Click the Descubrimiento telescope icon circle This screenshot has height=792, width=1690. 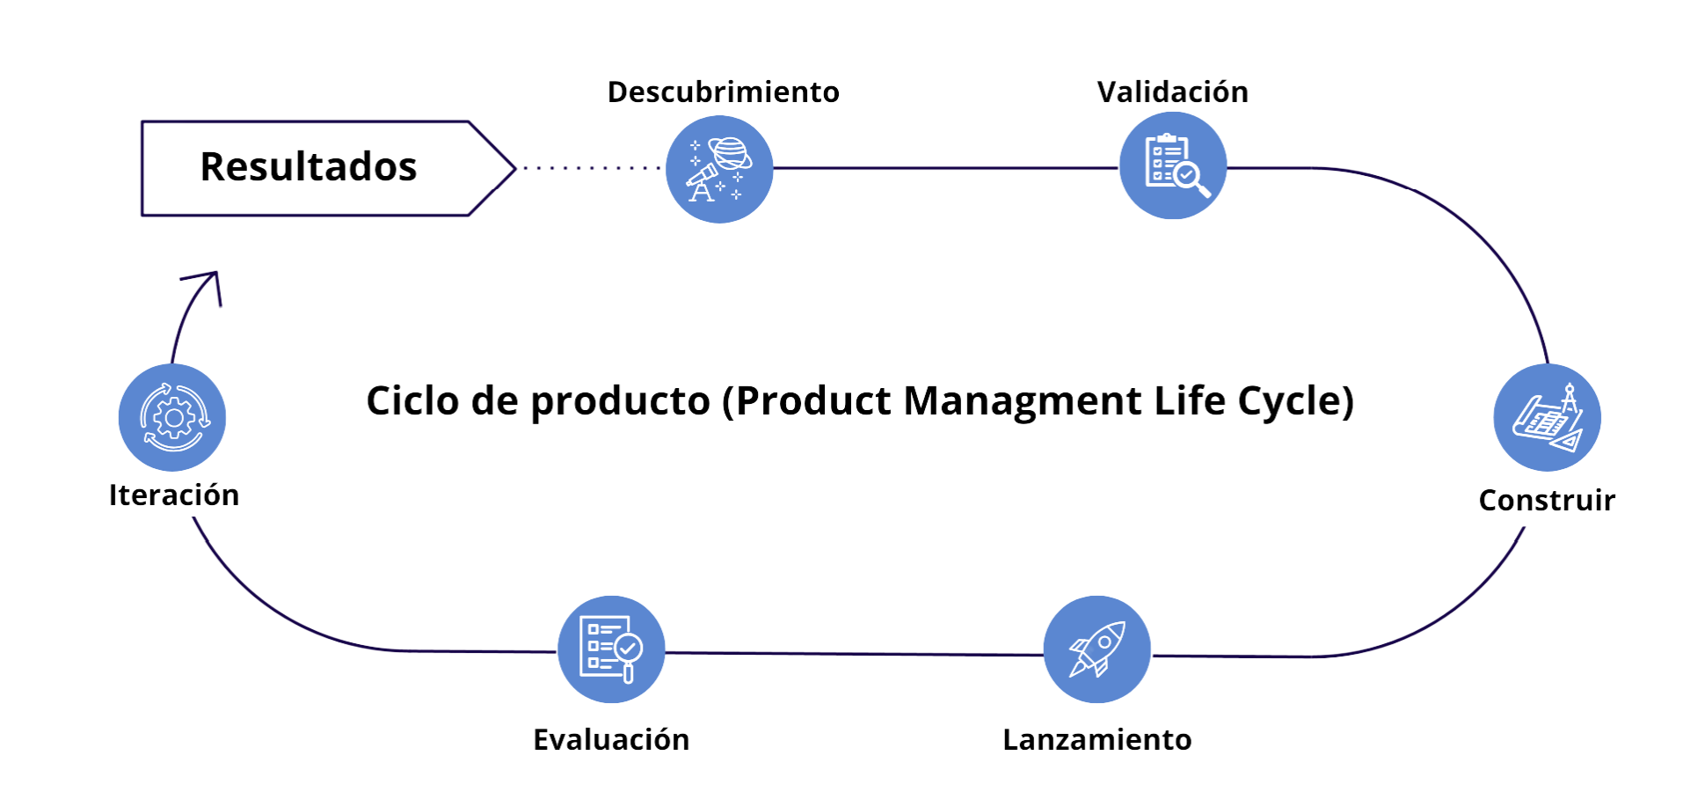[719, 169]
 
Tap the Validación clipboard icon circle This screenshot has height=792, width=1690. [1172, 165]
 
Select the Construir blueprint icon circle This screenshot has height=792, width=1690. [1547, 417]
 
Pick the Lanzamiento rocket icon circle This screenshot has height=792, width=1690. [1096, 649]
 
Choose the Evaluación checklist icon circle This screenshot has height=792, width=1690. [611, 649]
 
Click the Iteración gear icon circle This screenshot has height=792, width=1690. [172, 417]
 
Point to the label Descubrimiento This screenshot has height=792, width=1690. [723, 92]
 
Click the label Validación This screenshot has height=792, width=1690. [1172, 92]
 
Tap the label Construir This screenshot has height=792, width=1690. [1547, 500]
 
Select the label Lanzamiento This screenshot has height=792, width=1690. [1096, 739]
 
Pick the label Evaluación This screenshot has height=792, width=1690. [611, 739]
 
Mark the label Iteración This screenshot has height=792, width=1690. [173, 495]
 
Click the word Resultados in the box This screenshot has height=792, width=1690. [308, 166]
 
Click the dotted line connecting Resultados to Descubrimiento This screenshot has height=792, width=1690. [589, 167]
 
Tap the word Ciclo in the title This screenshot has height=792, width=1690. [412, 400]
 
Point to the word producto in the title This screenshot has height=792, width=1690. [620, 400]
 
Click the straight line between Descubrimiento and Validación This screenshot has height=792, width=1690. [945, 167]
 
